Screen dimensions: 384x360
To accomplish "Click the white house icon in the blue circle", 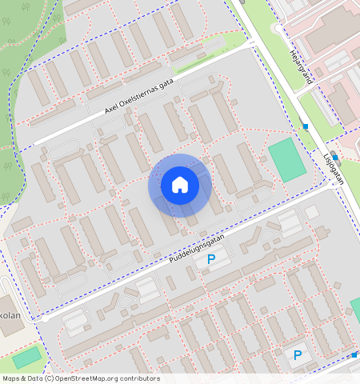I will click(x=180, y=185).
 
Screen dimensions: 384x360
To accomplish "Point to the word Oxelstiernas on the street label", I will click(x=138, y=101).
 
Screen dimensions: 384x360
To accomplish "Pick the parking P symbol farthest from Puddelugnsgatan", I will click(x=298, y=355).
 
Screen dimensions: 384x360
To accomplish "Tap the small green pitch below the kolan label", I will click(x=26, y=358).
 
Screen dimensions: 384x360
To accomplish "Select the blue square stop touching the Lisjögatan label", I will click(x=335, y=156).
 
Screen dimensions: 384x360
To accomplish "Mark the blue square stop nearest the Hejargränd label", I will click(x=305, y=126).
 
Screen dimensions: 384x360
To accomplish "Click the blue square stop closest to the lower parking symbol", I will click(x=354, y=354).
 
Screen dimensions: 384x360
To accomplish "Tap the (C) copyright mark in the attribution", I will click(x=49, y=378).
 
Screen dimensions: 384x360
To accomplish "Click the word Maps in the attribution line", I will click(x=11, y=378).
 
